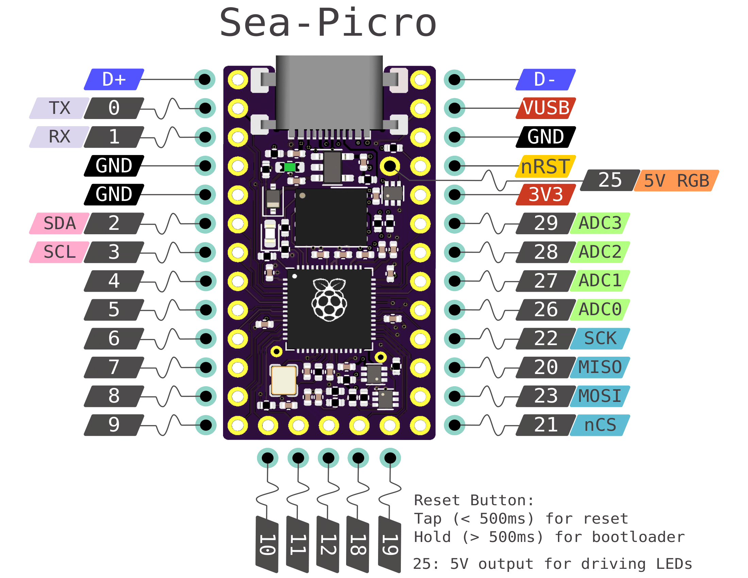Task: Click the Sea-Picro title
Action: tap(328, 23)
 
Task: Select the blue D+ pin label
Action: tap(114, 80)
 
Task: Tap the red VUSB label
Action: tap(546, 108)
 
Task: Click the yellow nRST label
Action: tap(546, 166)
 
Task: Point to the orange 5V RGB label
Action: tap(676, 181)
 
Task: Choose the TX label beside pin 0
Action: tap(59, 108)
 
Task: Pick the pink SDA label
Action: tap(59, 223)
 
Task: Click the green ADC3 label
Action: tap(600, 223)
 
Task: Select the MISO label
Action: tap(600, 368)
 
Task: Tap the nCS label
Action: tap(600, 425)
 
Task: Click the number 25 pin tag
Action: tap(610, 181)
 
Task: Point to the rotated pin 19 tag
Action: tap(390, 544)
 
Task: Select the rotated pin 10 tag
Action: tap(267, 544)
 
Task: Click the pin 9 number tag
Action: tap(114, 425)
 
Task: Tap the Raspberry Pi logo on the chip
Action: tap(329, 300)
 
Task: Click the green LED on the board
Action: tap(290, 167)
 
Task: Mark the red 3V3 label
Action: tap(546, 194)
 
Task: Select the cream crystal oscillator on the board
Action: tap(284, 380)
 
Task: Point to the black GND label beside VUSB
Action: tap(546, 137)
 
